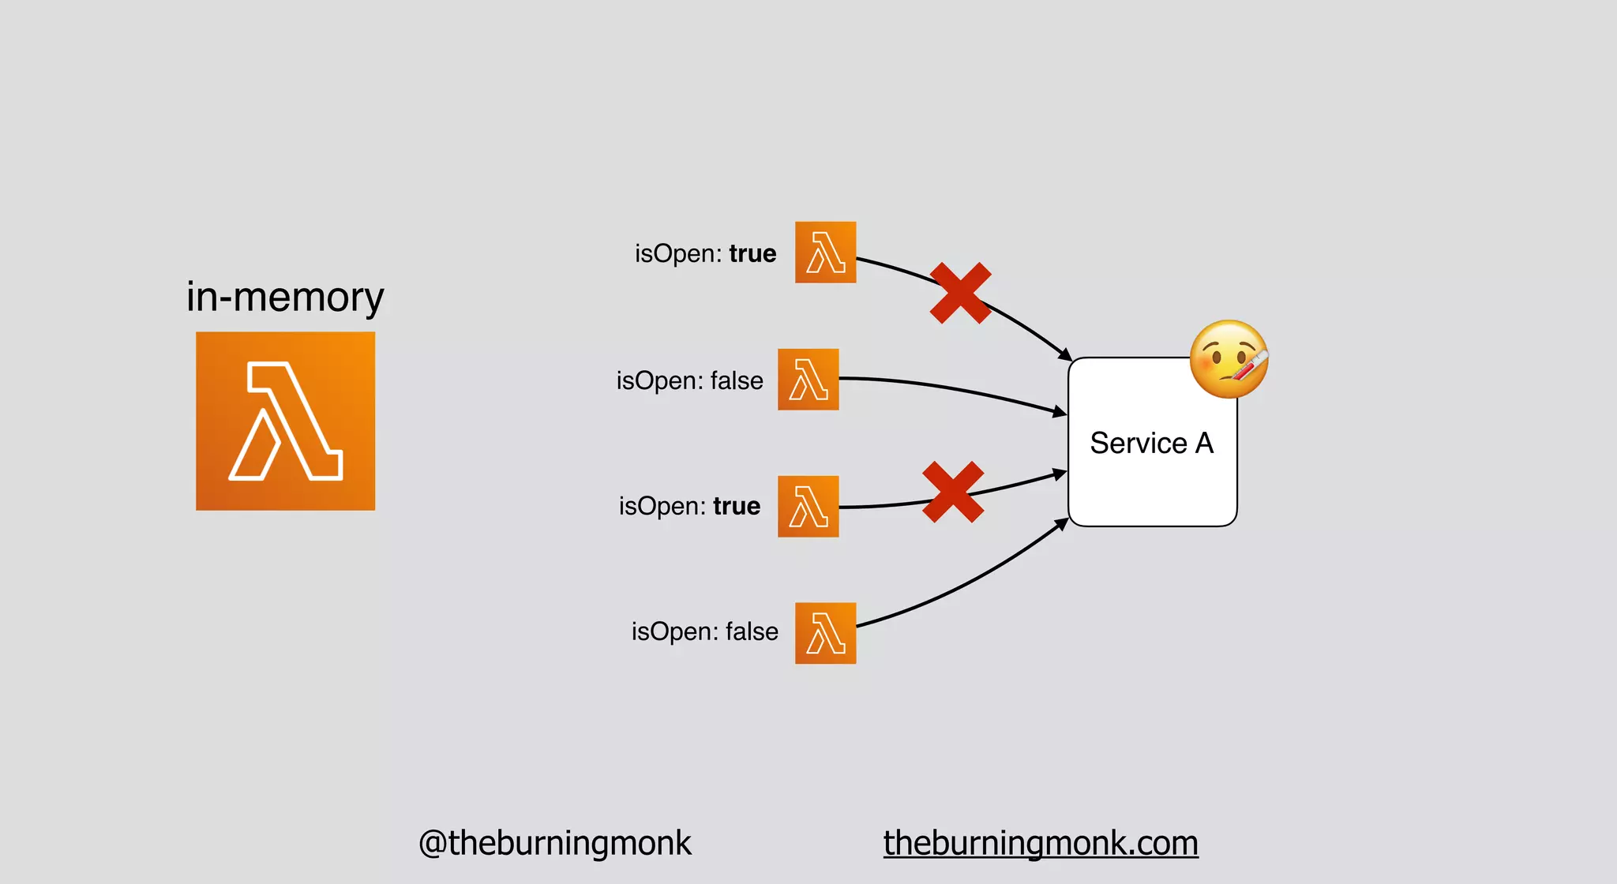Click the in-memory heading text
pyautogui.click(x=285, y=298)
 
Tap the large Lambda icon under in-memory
pyautogui.click(x=285, y=421)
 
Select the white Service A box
pyautogui.click(x=1151, y=474)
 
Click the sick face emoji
pyautogui.click(x=1228, y=359)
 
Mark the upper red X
pyautogui.click(x=960, y=293)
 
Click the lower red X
pyautogui.click(x=953, y=492)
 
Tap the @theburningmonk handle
pyautogui.click(x=554, y=843)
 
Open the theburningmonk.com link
pyautogui.click(x=1041, y=843)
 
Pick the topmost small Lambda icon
pyautogui.click(x=825, y=253)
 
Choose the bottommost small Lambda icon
pyautogui.click(x=825, y=633)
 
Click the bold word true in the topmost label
pyautogui.click(x=752, y=253)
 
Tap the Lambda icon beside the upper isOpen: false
pyautogui.click(x=808, y=380)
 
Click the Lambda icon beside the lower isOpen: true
pyautogui.click(x=808, y=506)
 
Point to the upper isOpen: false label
pyautogui.click(x=689, y=380)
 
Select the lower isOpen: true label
pyautogui.click(x=689, y=506)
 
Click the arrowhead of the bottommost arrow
pyautogui.click(x=1063, y=523)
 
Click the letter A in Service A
pyautogui.click(x=1204, y=443)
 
